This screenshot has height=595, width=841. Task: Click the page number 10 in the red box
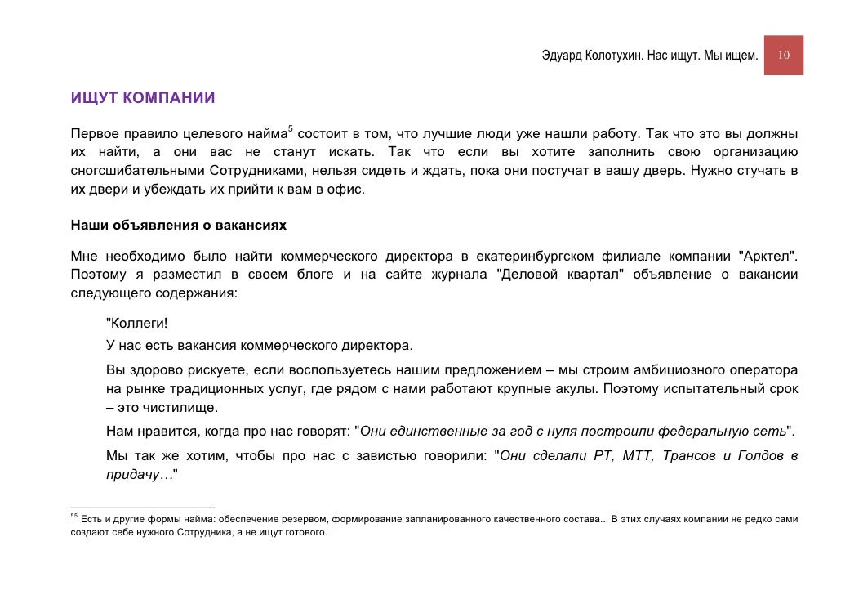[x=784, y=56]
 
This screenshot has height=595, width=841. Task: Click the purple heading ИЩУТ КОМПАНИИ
[x=143, y=99]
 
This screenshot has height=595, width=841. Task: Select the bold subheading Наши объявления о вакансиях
[x=178, y=224]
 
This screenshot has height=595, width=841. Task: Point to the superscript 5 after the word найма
[x=290, y=128]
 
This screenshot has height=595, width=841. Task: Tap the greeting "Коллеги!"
[x=136, y=323]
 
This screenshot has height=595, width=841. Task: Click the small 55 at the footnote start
[x=73, y=517]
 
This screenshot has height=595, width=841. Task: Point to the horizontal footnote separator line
[x=142, y=508]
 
